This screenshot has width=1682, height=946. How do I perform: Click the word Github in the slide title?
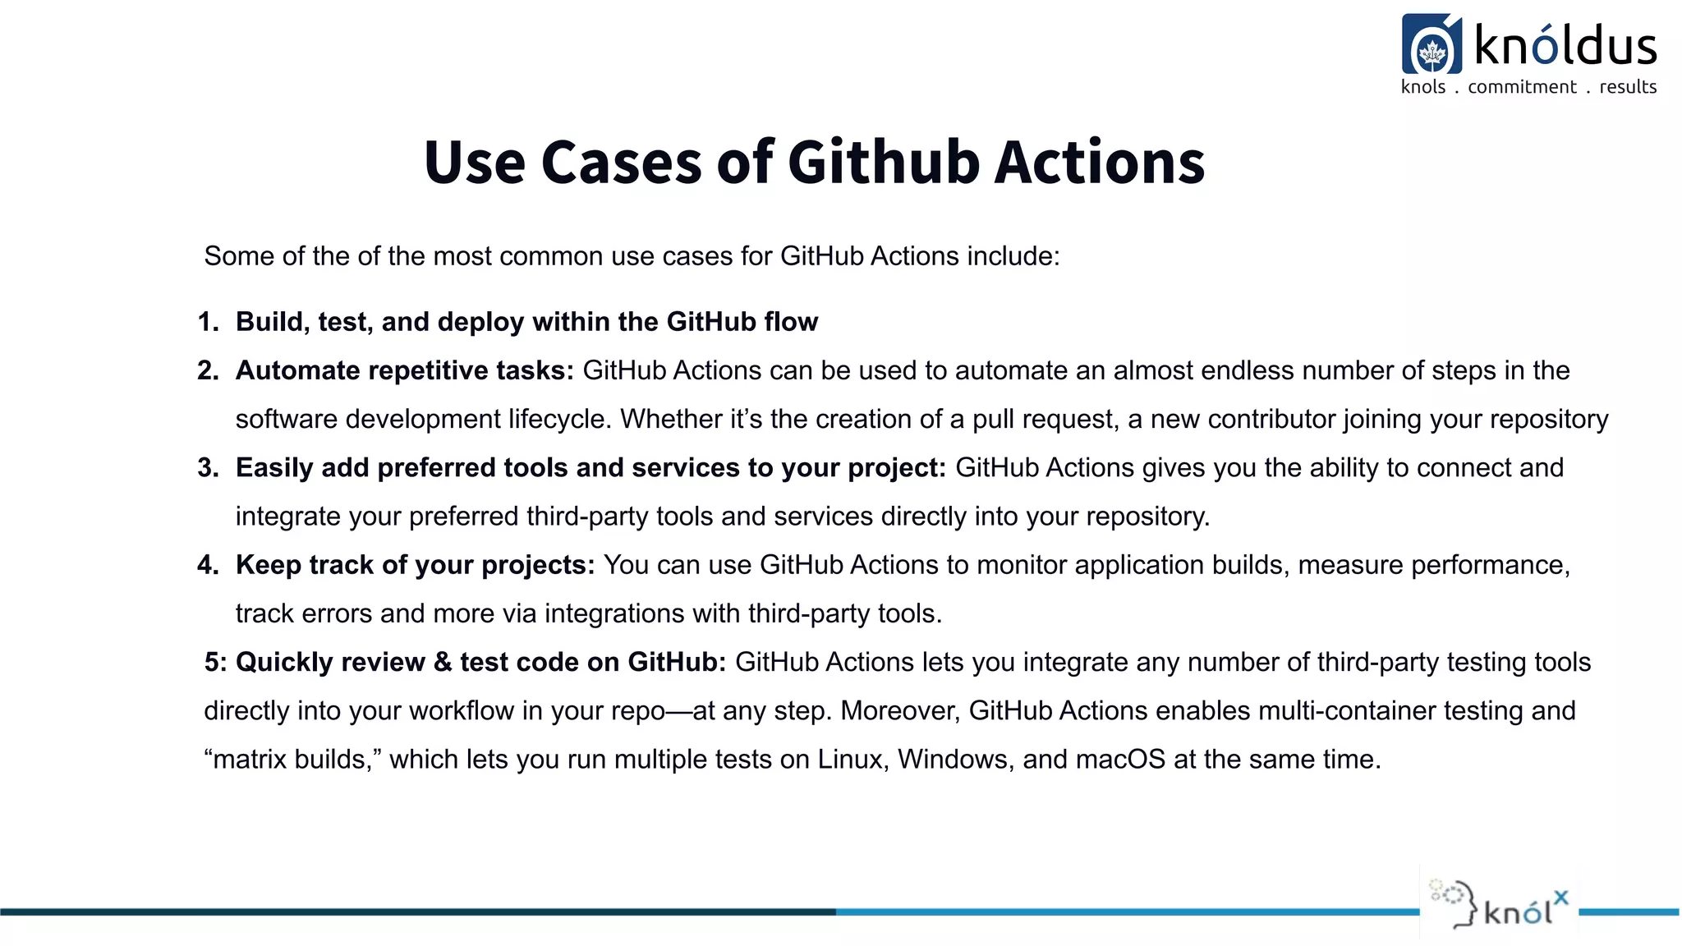pos(883,162)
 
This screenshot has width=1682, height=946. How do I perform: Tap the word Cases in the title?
pos(621,162)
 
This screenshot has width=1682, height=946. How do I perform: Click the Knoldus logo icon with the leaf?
pos(1432,45)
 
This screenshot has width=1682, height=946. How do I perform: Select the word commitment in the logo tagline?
pos(1522,87)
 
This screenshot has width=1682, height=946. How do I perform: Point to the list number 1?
pos(208,322)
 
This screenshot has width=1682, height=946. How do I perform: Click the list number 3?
pos(208,468)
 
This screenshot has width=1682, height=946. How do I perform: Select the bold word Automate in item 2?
pos(297,370)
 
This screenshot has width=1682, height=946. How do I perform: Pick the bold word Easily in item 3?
pos(274,468)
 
